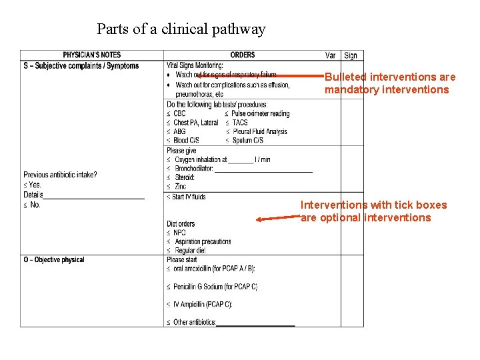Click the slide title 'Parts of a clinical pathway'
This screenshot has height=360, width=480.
click(x=181, y=29)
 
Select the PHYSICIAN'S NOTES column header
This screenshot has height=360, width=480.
click(x=92, y=55)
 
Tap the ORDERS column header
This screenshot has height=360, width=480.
click(x=243, y=55)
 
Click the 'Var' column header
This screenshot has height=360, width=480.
click(x=331, y=55)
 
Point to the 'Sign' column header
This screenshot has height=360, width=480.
click(x=351, y=55)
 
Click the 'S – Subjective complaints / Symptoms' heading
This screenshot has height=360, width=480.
click(x=81, y=66)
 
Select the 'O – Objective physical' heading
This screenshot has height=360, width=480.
click(x=54, y=259)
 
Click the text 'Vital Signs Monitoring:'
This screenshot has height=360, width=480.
click(x=195, y=66)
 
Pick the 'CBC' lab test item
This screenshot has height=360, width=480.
click(x=179, y=114)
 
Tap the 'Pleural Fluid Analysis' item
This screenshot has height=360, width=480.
click(x=260, y=131)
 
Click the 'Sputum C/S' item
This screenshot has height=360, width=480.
click(x=248, y=140)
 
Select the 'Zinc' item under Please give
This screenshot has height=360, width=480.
click(x=181, y=187)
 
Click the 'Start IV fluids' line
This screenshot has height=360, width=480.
click(x=189, y=197)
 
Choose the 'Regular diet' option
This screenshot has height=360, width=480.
click(x=190, y=251)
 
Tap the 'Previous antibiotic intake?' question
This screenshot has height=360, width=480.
click(x=60, y=175)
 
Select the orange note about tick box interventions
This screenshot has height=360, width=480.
click(x=373, y=211)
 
